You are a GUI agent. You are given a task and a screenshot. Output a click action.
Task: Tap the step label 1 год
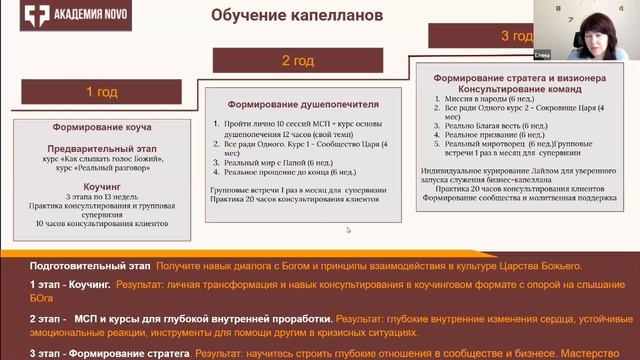[x=101, y=92]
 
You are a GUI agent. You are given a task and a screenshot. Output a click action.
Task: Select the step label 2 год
[x=299, y=61]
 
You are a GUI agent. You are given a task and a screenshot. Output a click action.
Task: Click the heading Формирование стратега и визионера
[x=521, y=77]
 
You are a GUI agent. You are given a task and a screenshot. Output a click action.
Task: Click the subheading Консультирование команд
[x=521, y=88]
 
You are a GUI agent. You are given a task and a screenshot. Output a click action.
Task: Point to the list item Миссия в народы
[x=479, y=99]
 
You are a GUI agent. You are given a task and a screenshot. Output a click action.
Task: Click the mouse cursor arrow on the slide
[x=348, y=231]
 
